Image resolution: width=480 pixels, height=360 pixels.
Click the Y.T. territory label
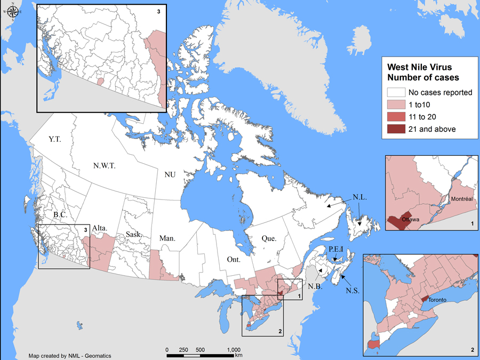55,139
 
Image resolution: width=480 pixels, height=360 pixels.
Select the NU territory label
170,174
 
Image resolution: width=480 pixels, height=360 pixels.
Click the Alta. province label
101,228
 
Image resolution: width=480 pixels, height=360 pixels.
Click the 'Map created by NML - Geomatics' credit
70,356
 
